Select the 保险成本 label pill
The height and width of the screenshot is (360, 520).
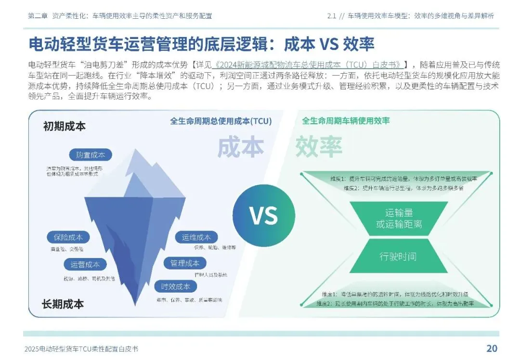click(68, 237)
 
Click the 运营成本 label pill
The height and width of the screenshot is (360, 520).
click(85, 264)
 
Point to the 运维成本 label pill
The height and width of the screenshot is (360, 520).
click(196, 237)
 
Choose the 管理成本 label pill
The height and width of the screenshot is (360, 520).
click(185, 263)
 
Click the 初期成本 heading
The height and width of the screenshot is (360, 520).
click(64, 126)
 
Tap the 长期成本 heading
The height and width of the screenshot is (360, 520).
click(63, 304)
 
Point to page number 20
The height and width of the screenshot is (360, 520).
click(492, 348)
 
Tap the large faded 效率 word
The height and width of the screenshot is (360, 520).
click(318, 147)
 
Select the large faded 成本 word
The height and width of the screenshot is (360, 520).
click(241, 147)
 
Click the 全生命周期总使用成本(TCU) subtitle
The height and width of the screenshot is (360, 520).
click(221, 121)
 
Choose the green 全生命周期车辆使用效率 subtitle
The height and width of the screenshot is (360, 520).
click(346, 121)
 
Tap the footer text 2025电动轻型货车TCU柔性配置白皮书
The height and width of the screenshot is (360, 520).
click(84, 349)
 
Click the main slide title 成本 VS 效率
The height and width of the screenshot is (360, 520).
click(202, 44)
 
